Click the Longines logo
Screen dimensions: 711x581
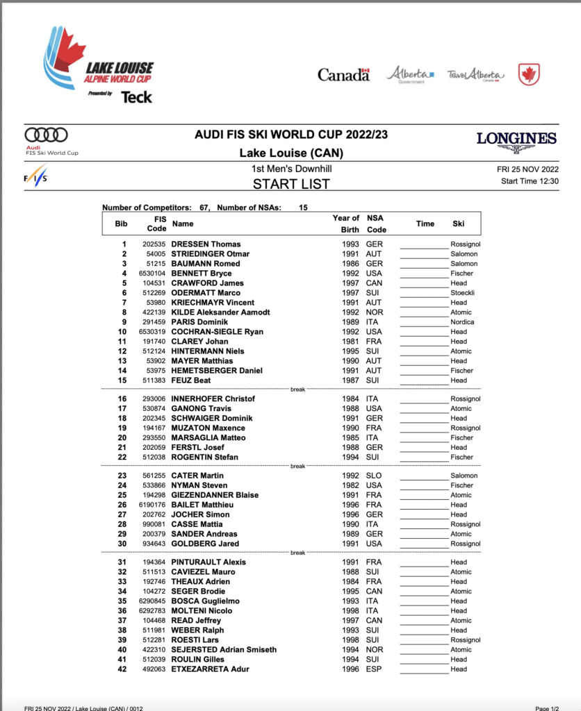click(x=516, y=141)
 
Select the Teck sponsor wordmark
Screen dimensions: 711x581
click(x=136, y=97)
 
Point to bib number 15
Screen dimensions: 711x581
click(x=124, y=380)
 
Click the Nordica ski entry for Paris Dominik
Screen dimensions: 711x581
click(x=462, y=322)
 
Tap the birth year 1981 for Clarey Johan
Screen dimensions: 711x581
click(x=350, y=342)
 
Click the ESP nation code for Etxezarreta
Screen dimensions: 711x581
click(x=375, y=669)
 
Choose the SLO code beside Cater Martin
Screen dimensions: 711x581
click(x=375, y=476)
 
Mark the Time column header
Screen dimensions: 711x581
click(x=425, y=224)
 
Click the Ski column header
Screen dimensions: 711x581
click(x=458, y=224)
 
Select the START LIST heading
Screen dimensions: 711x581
click(x=290, y=184)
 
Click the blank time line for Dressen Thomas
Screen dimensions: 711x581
click(x=423, y=245)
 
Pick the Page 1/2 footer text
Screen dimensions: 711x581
click(x=551, y=707)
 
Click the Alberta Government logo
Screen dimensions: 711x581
click(x=410, y=74)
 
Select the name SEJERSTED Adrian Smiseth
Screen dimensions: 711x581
click(x=224, y=650)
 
